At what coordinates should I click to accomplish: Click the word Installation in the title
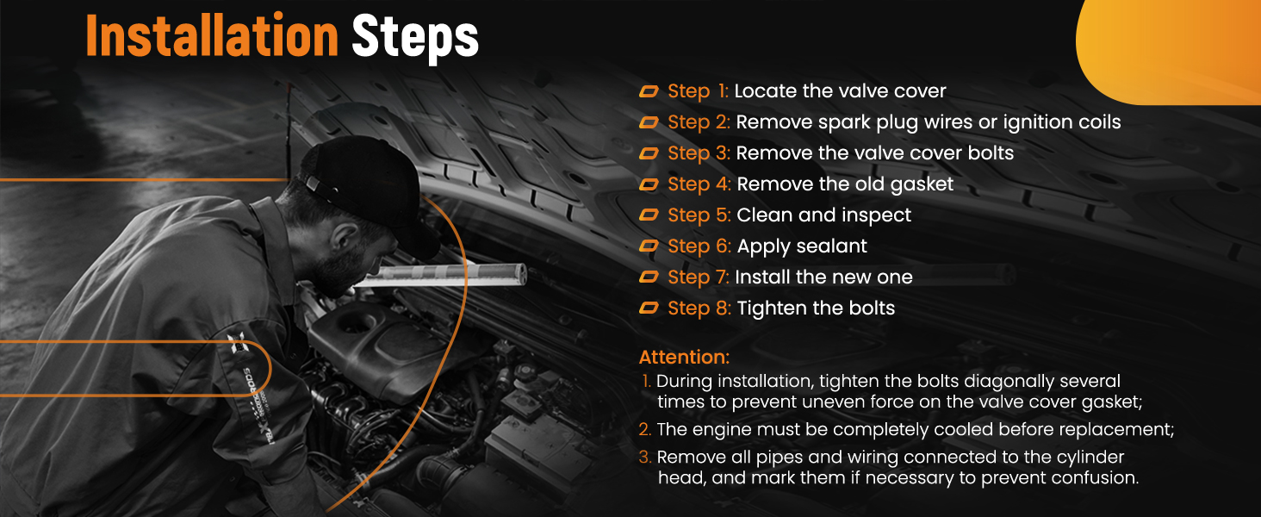(x=212, y=36)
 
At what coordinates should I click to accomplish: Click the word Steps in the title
(x=415, y=38)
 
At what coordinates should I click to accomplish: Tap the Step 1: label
(x=698, y=91)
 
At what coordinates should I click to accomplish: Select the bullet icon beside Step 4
(x=649, y=184)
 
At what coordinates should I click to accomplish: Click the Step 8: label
(x=699, y=308)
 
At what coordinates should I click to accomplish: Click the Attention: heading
(x=684, y=357)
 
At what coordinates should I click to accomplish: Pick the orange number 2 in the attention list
(x=645, y=430)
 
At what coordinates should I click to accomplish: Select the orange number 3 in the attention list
(x=645, y=458)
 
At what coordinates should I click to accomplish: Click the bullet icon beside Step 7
(x=649, y=277)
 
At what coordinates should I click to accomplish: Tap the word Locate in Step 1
(x=766, y=91)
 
